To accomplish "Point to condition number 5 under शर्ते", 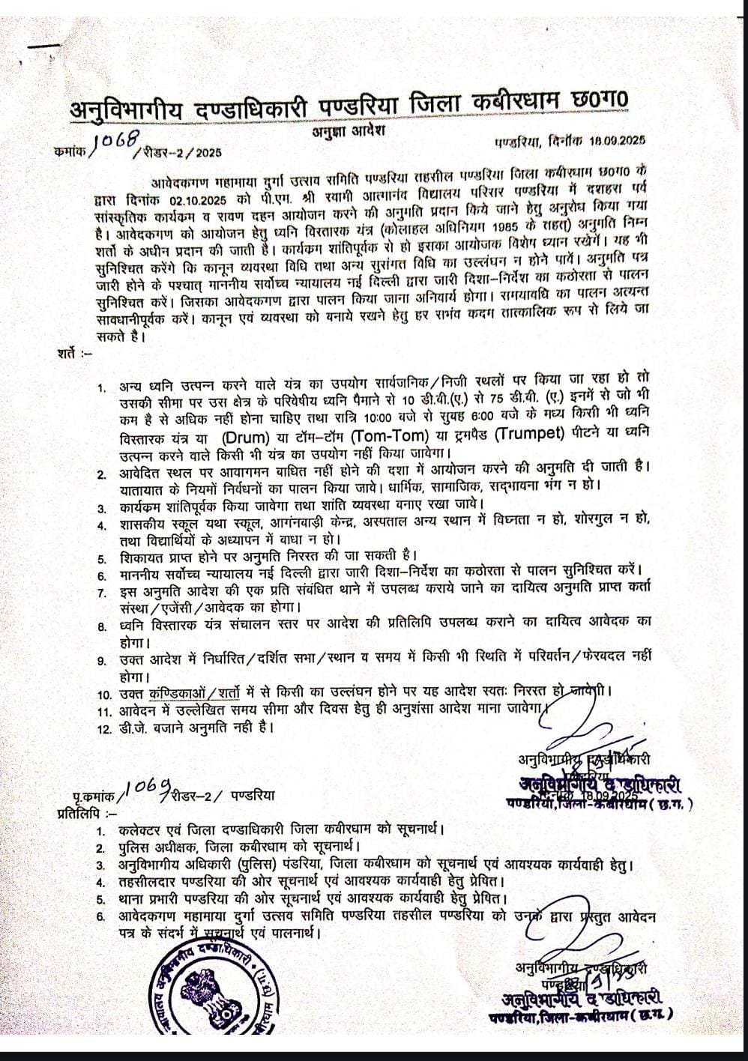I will [x=103, y=557].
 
